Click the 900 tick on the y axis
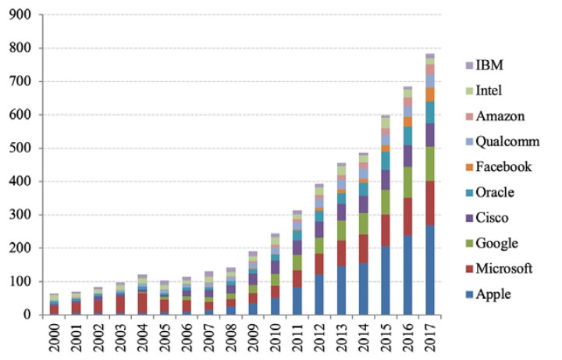tap(20, 15)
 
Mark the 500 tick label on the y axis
tap(20, 148)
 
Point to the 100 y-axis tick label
tap(20, 282)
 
